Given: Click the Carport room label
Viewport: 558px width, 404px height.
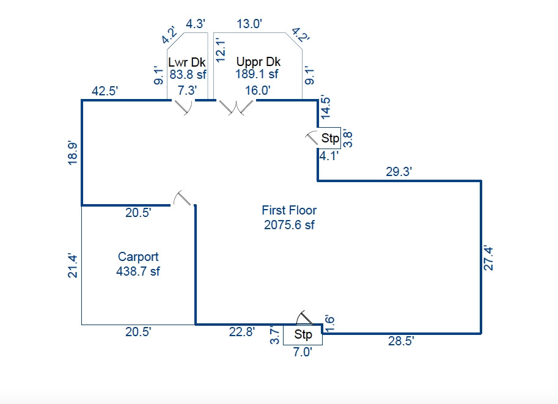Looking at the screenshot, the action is click(x=138, y=257).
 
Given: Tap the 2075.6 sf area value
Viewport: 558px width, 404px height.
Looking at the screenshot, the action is click(x=289, y=225).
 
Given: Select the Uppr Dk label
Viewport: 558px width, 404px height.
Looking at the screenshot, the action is click(x=259, y=62).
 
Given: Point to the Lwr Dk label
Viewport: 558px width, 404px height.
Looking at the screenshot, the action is click(x=187, y=62).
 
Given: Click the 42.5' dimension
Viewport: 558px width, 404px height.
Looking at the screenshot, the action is click(x=105, y=91).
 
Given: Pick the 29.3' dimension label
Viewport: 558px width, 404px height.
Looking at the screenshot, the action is click(x=399, y=172).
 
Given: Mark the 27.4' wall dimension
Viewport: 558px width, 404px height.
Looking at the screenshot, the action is click(x=488, y=259).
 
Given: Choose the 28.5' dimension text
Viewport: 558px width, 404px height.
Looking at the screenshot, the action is click(x=401, y=341).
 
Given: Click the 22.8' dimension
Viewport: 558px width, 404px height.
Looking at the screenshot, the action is click(x=242, y=332).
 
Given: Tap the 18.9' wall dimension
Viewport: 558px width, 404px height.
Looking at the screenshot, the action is click(x=72, y=153).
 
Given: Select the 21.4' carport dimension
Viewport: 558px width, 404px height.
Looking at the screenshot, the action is click(x=72, y=265).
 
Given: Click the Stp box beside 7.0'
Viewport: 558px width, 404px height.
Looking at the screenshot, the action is click(x=303, y=335).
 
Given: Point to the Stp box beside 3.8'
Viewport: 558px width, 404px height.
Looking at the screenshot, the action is click(x=329, y=138).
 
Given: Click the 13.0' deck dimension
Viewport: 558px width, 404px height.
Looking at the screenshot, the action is click(x=249, y=24).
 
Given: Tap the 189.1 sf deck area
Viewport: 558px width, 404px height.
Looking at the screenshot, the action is click(x=257, y=74).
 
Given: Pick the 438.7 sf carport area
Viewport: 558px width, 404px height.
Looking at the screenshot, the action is click(x=138, y=271).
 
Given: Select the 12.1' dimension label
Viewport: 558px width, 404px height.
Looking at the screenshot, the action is click(x=221, y=51).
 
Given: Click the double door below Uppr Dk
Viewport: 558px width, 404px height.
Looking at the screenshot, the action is click(x=237, y=108).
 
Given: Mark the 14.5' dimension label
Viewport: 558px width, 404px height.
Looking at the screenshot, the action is click(x=325, y=107).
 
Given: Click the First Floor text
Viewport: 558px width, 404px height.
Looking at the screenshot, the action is click(x=289, y=210).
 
